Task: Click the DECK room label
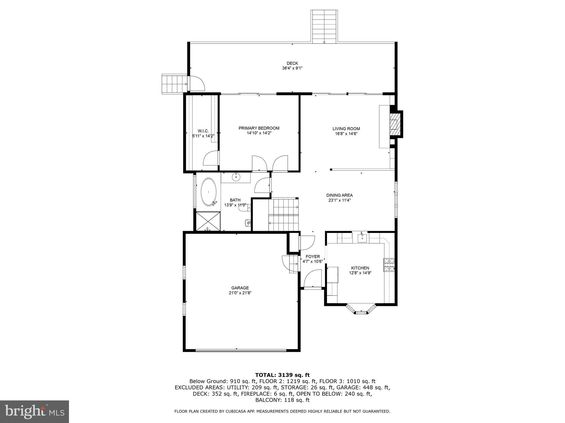(x=292, y=63)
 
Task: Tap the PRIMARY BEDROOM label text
(x=259, y=128)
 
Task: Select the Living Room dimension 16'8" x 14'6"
(x=346, y=134)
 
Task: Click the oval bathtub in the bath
(x=209, y=192)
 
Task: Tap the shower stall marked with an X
(x=208, y=221)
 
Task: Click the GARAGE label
(x=240, y=288)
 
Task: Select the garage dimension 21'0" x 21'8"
(x=240, y=293)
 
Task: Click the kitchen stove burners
(x=389, y=265)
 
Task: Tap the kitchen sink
(x=362, y=237)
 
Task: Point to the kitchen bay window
(x=361, y=309)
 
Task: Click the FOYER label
(x=313, y=256)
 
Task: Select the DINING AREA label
(x=339, y=195)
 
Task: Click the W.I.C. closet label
(x=203, y=131)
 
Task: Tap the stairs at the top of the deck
(x=324, y=26)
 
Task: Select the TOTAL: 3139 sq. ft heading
(x=282, y=375)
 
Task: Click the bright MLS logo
(x=34, y=411)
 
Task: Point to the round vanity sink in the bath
(x=236, y=177)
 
